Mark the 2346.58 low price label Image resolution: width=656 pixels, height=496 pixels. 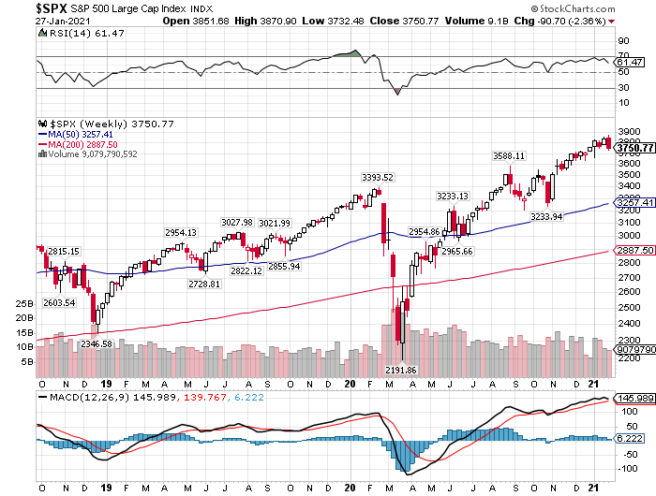coord(97,344)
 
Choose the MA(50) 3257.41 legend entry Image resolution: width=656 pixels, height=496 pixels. coord(82,135)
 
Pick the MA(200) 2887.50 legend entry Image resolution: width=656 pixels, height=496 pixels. coord(84,145)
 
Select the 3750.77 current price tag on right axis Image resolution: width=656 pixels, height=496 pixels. coord(634,148)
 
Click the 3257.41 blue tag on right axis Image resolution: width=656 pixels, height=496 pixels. coord(634,202)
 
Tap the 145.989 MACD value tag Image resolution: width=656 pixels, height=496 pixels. coord(634,398)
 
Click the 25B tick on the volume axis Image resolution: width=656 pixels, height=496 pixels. coord(25,304)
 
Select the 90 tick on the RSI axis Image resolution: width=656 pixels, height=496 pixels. coord(621,41)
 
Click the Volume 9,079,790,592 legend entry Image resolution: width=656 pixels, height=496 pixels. coord(90,154)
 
